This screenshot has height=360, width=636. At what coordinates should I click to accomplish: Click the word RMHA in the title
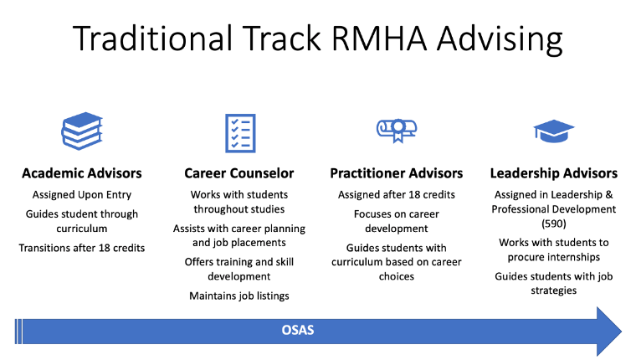pos(378,39)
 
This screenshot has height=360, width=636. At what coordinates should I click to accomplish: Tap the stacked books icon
pos(82,131)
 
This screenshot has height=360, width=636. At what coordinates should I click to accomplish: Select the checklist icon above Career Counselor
pos(240,133)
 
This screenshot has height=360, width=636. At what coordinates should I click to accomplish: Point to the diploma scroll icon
pos(397,131)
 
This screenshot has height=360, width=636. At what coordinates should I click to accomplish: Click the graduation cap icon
pos(554,131)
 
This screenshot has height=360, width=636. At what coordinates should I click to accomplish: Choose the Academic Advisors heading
pos(82,173)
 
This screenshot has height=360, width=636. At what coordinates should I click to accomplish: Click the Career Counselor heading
pos(238,173)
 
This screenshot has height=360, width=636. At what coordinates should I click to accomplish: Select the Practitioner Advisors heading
pos(397,173)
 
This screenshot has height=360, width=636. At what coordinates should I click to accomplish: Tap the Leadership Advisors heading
pos(554,173)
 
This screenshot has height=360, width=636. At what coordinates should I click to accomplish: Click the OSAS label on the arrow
pos(298,330)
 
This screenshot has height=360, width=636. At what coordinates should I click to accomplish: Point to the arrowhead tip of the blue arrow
pos(622,332)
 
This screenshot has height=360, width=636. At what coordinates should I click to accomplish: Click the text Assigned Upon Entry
pos(82,195)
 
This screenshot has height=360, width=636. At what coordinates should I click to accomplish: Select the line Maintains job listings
pos(238,296)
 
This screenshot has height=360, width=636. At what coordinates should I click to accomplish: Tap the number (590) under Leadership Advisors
pos(554,224)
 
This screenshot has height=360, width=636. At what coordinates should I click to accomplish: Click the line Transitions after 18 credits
pos(82,248)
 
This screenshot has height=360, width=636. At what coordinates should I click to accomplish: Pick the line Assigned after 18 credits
pos(397,195)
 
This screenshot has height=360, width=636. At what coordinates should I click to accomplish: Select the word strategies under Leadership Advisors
pos(554,291)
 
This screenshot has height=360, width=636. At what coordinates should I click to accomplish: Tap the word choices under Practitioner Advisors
pos(397,276)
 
